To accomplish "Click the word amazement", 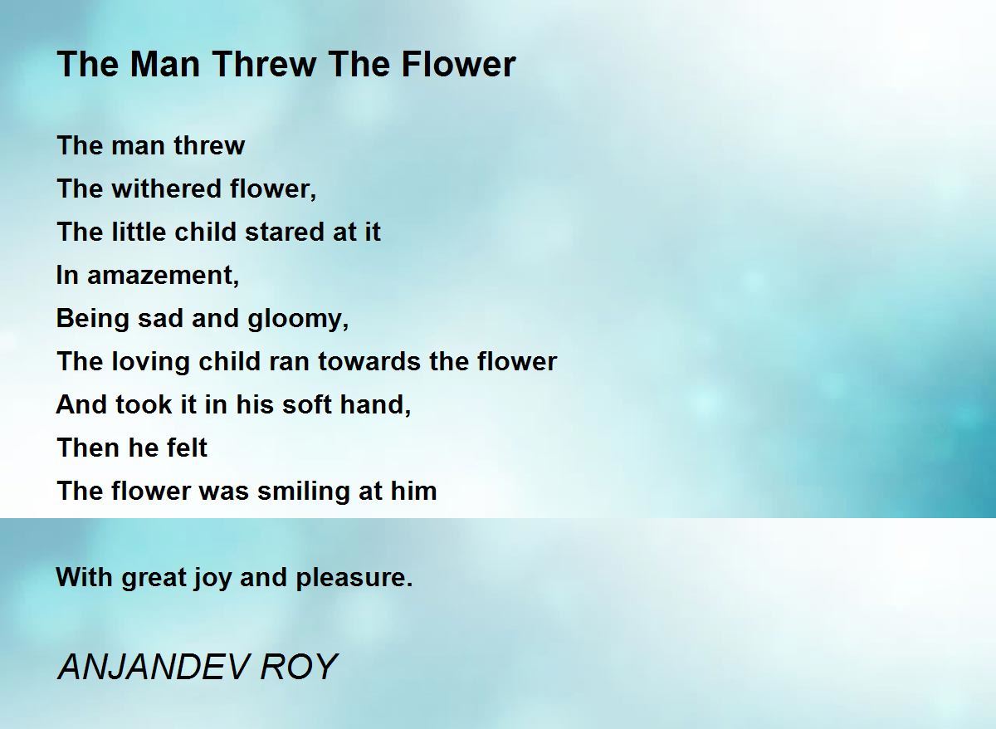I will (163, 275).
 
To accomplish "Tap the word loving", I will (149, 361).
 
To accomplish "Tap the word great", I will (153, 577).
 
